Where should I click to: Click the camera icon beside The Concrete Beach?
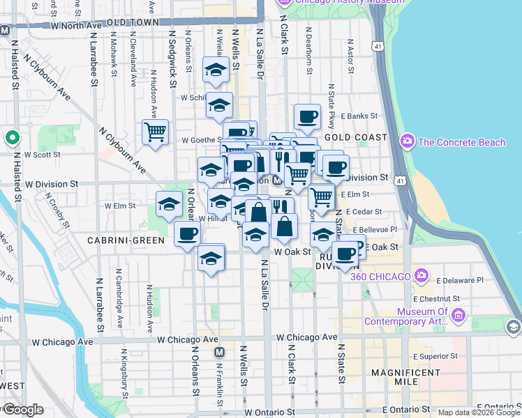coord(408,142)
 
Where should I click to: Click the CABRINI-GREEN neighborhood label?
coord(126,240)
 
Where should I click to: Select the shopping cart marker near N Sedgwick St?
coord(155,130)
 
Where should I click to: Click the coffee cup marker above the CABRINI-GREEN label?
coord(186,233)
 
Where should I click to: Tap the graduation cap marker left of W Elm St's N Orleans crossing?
coord(169,203)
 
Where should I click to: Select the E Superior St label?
coord(433,355)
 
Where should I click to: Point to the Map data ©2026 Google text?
coord(479,412)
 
